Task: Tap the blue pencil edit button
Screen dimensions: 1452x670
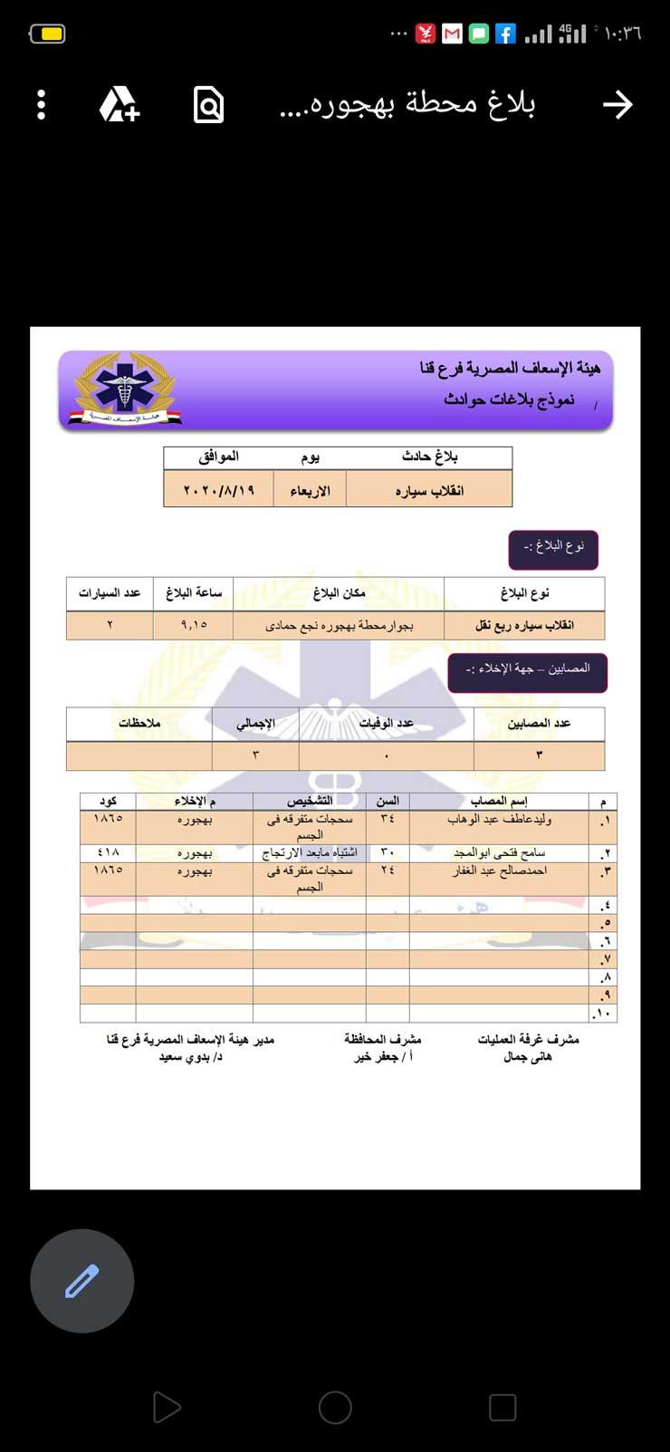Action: coord(81,1281)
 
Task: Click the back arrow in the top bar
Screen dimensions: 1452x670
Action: coord(617,105)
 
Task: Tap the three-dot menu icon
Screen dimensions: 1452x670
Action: coord(41,105)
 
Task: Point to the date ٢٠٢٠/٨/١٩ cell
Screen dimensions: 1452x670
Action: coord(219,490)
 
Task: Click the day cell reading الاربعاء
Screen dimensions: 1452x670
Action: coord(310,491)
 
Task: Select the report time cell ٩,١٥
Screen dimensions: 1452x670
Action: coord(194,624)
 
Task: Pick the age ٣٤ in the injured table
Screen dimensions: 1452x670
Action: coord(388,819)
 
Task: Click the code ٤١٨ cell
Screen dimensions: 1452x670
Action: coord(108,852)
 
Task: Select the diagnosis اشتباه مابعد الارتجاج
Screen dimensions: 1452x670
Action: coord(310,852)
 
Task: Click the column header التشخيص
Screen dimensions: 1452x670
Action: coord(310,801)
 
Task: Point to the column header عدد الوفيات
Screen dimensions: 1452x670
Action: coord(387,723)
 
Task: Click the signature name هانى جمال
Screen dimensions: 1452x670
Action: coord(528,1057)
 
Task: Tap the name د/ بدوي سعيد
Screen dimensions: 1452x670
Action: coord(190,1057)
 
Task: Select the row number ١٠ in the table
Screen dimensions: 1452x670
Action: coord(604,1013)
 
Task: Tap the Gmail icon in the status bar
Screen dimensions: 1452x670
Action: coord(452,34)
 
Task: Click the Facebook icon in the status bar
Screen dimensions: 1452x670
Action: coord(505,34)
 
